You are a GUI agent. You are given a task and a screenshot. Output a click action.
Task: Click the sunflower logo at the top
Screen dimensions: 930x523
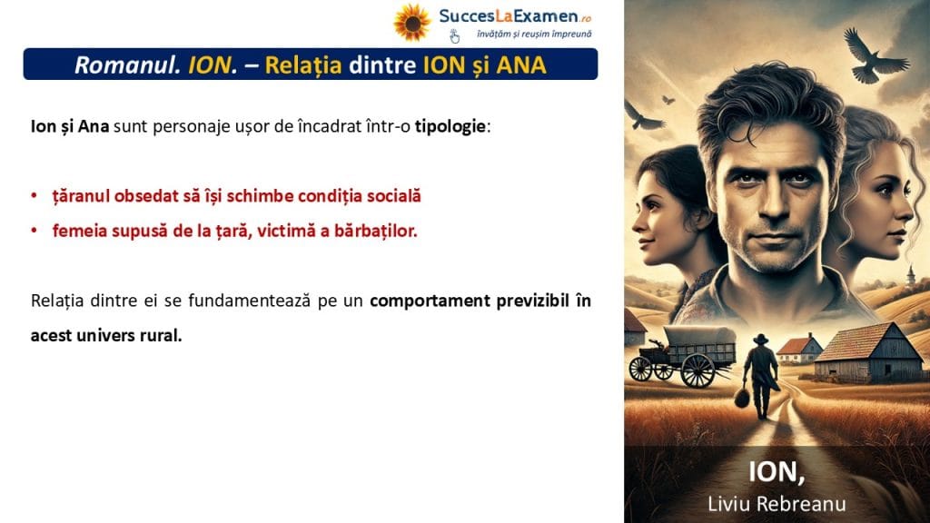tap(412, 23)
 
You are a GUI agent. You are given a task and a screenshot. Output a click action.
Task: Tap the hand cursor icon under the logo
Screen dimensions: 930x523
tap(454, 36)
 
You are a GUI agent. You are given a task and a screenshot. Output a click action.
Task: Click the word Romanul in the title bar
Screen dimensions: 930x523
tap(127, 64)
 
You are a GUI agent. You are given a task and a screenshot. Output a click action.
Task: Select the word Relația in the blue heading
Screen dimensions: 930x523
tap(303, 65)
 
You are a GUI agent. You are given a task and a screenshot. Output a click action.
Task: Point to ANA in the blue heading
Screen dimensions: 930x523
tap(520, 65)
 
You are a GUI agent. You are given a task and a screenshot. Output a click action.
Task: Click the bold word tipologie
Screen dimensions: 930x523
tap(450, 126)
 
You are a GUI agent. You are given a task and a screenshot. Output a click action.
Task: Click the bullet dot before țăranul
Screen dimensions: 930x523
tap(34, 196)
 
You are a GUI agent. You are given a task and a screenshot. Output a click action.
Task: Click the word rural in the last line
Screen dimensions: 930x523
tap(161, 336)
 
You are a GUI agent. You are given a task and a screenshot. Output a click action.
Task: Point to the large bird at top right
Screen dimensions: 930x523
tap(873, 54)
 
